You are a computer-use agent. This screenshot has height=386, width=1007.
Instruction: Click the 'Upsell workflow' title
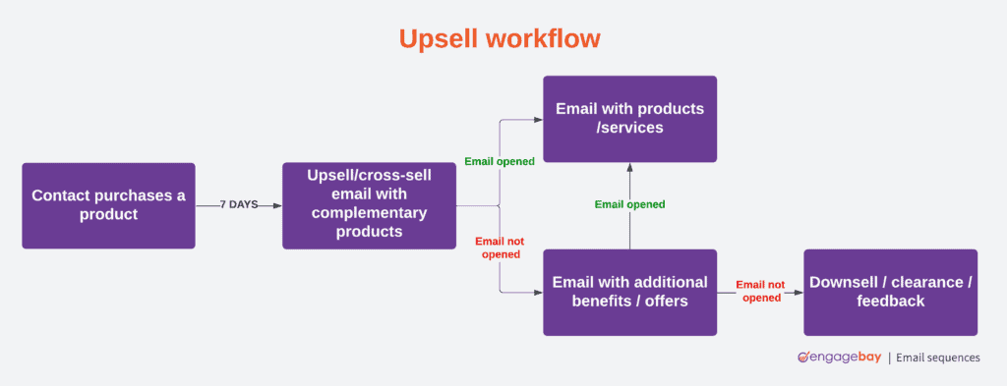tap(500, 38)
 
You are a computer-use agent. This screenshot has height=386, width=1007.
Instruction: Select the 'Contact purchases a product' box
tap(108, 205)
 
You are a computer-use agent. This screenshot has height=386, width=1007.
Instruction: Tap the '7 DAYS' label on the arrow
tap(238, 205)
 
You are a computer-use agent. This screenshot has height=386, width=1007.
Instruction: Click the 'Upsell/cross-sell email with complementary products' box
tap(369, 205)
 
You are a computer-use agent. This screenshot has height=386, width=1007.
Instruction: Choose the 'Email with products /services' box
tap(629, 118)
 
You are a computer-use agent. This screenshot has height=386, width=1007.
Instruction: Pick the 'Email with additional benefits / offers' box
tap(629, 292)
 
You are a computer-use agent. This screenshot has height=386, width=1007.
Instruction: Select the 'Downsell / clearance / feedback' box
tap(890, 292)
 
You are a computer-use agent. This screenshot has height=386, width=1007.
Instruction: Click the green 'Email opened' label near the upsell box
tap(500, 161)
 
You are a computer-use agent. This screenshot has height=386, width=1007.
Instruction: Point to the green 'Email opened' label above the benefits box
tap(629, 204)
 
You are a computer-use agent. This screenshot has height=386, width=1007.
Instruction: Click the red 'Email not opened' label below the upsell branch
tap(500, 248)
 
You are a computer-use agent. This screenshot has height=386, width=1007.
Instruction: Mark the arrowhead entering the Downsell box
tap(798, 292)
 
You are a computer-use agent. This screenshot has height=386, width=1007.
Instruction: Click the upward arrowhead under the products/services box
tap(629, 167)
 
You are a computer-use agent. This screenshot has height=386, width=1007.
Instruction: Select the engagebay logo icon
tap(803, 358)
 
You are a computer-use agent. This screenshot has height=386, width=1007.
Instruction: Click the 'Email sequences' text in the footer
tap(939, 358)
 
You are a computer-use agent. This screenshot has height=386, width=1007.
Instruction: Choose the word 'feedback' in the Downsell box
tap(890, 302)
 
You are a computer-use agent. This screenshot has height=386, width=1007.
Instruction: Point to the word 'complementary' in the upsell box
tap(369, 213)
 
